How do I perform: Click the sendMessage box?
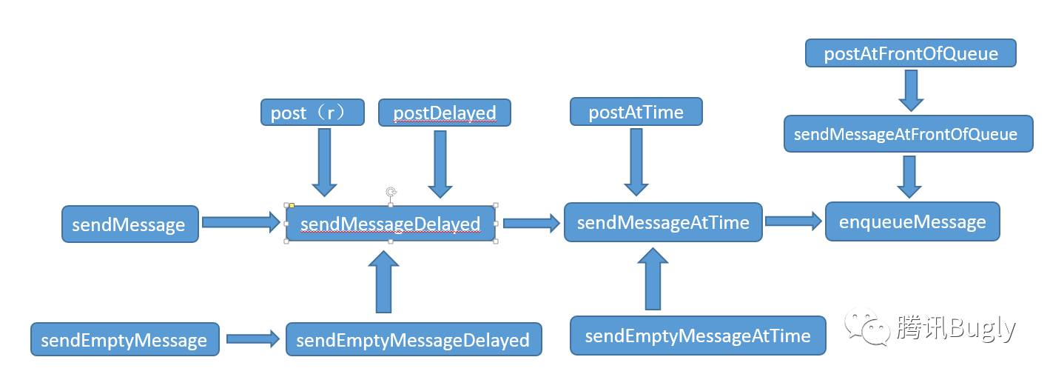click(x=130, y=224)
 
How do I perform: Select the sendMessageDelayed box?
click(x=391, y=224)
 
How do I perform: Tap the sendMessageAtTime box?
click(x=663, y=222)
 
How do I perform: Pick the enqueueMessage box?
click(x=912, y=221)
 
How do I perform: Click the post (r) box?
click(x=312, y=112)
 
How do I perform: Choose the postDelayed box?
click(x=445, y=112)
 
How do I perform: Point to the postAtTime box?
click(x=636, y=112)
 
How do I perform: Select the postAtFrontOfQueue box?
click(x=911, y=53)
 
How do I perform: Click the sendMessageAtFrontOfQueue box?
click(x=909, y=134)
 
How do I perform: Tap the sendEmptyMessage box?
click(x=125, y=339)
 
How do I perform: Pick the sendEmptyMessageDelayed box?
click(x=414, y=339)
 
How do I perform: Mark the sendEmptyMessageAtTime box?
click(x=698, y=336)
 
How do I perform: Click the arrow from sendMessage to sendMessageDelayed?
click(x=241, y=222)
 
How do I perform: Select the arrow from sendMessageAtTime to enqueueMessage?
click(x=793, y=221)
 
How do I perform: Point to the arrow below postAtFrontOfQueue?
click(x=911, y=90)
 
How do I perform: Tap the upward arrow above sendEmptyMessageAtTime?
click(x=653, y=279)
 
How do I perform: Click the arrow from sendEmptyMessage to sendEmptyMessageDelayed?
click(x=252, y=338)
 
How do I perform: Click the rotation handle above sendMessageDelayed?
click(x=391, y=192)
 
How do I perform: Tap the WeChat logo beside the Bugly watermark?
click(x=867, y=327)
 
